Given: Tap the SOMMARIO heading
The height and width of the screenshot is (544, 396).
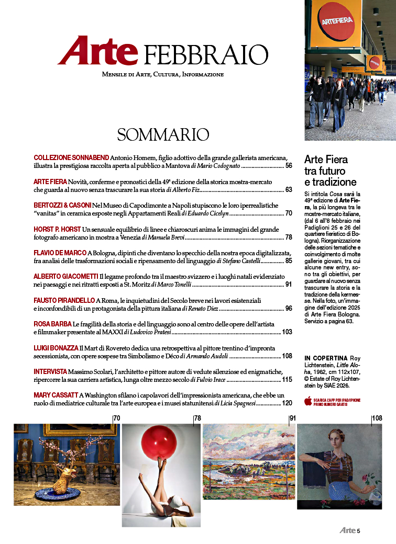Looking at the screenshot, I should click(x=163, y=134).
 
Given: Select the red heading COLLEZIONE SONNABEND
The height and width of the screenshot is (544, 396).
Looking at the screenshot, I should click(x=71, y=157).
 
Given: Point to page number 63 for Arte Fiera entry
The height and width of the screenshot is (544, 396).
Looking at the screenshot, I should click(x=288, y=190).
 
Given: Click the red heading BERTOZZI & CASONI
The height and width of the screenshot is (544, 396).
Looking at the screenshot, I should click(x=62, y=205).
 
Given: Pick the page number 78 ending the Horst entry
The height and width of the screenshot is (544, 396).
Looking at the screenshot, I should click(x=288, y=237).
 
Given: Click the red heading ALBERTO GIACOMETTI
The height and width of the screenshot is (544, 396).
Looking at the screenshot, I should click(x=65, y=276).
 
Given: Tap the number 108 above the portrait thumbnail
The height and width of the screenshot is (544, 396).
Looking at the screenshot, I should click(x=376, y=418).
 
